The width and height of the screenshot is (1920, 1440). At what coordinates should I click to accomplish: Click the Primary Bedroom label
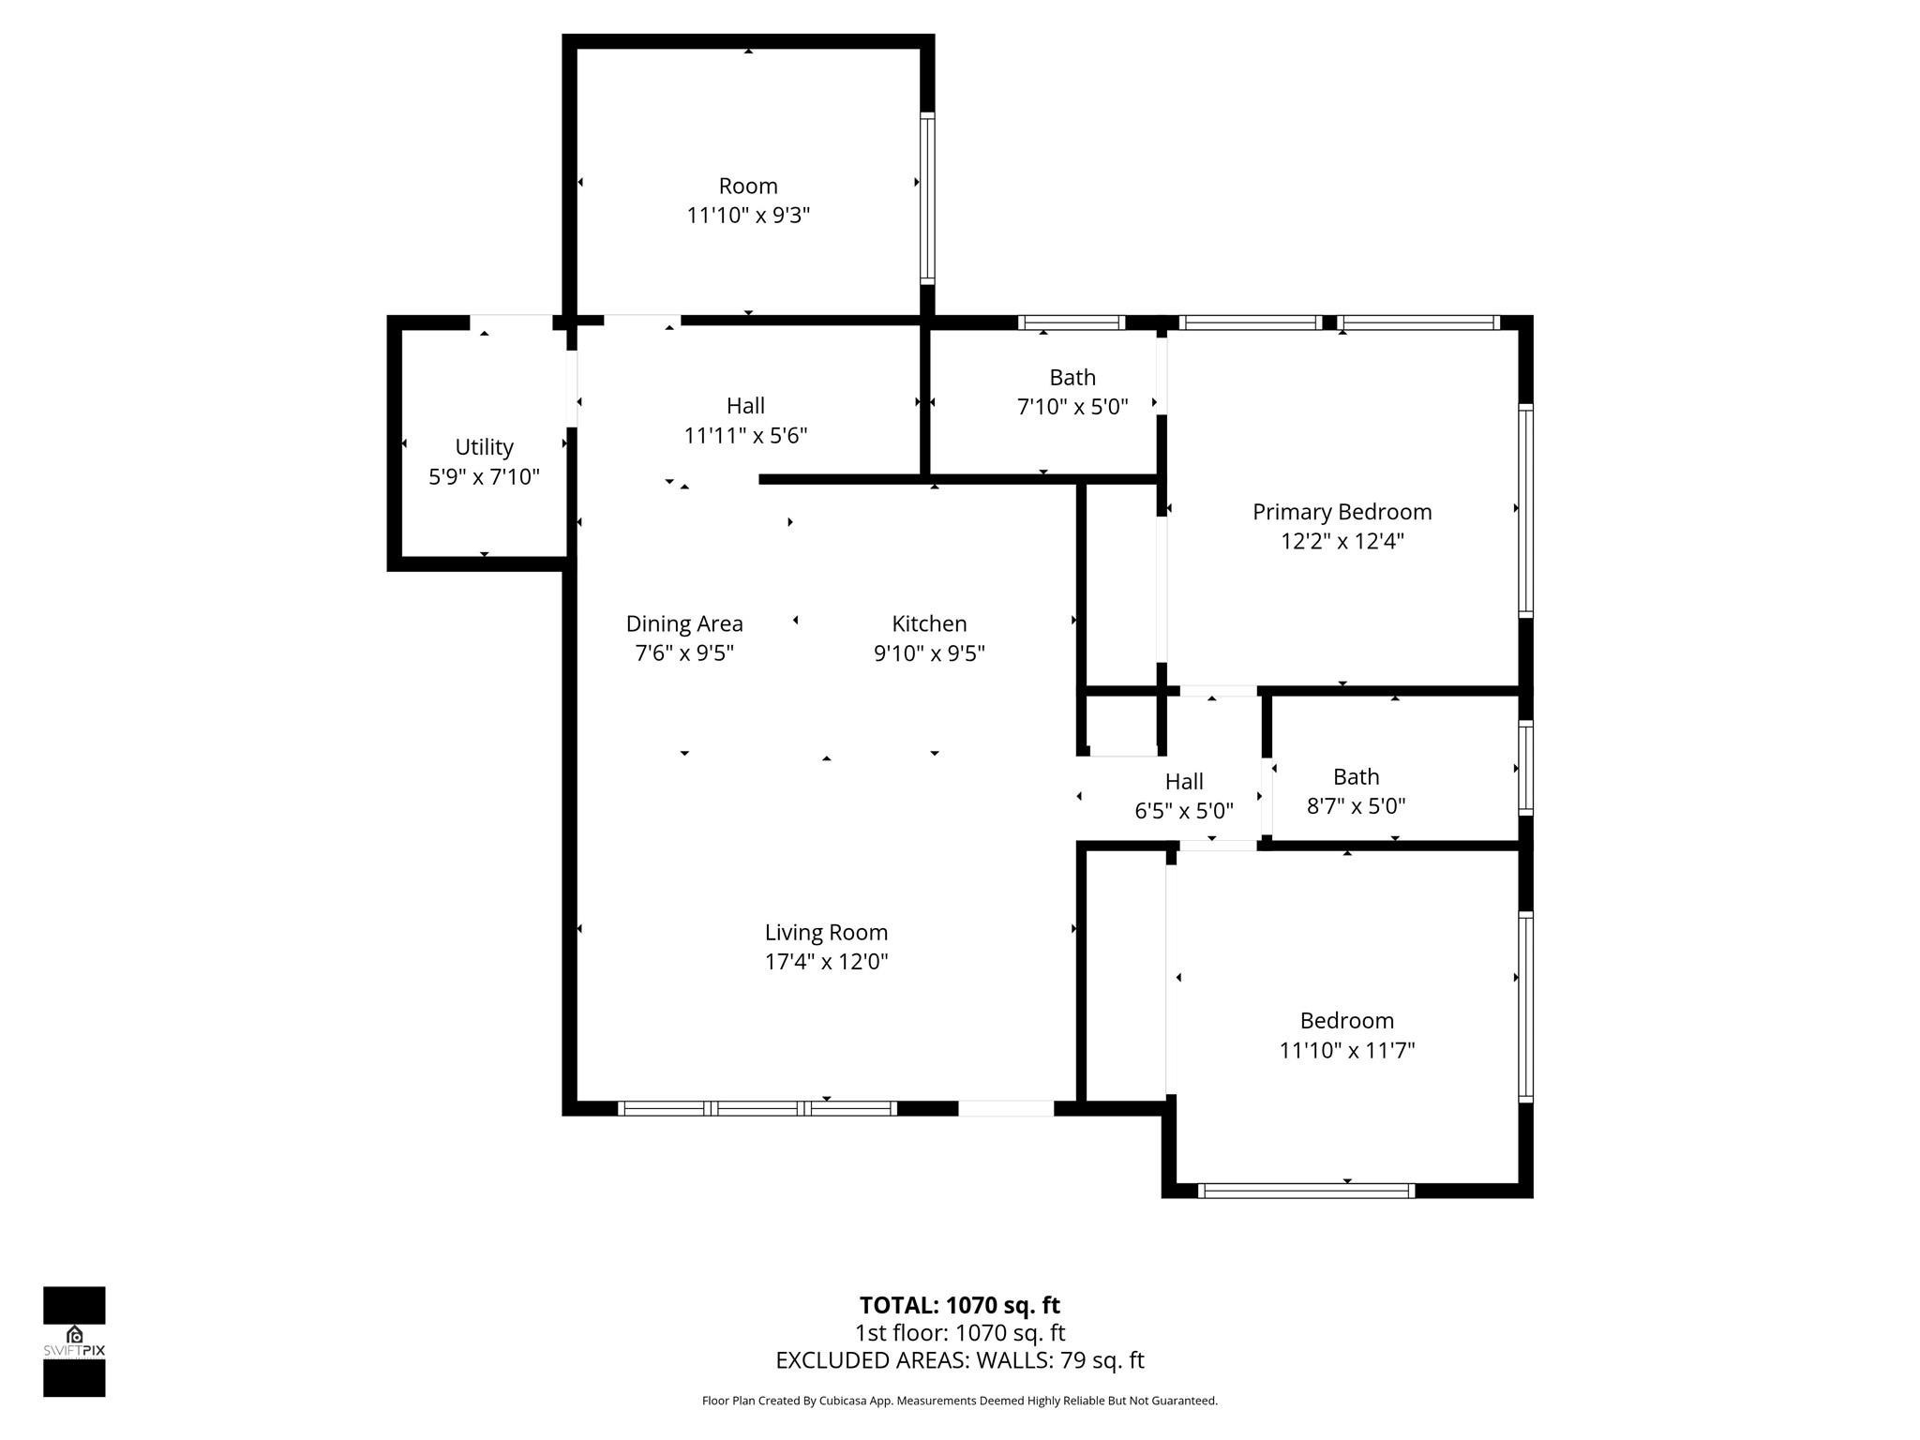coord(1342,512)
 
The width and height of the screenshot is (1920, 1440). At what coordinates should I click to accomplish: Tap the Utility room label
coord(484,447)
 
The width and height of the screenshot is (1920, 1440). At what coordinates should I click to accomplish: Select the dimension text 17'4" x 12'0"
coord(826,962)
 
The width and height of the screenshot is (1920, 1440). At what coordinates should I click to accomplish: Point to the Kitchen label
coord(928,623)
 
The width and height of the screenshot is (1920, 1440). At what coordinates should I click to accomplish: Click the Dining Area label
coord(684,623)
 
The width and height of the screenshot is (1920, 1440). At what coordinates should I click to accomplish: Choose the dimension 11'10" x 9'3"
coord(747,216)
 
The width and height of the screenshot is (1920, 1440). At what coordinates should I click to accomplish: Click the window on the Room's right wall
coord(927,198)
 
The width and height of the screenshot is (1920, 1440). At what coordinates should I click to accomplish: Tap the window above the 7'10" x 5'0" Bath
coord(1072,322)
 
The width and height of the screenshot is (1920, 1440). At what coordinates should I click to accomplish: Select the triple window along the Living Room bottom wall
coord(757,1108)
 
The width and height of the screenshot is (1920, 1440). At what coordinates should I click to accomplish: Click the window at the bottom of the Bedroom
coord(1306,1191)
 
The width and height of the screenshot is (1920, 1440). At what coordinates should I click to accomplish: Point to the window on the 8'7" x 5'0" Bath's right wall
coord(1525,768)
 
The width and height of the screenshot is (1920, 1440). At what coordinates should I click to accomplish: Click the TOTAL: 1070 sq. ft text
coord(959,1305)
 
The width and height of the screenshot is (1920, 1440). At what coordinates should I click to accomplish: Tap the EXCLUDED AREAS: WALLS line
coord(959,1360)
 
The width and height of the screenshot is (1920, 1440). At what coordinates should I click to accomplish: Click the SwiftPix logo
coord(74,1342)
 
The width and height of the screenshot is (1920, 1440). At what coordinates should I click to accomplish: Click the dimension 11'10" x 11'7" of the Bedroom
coord(1346,1050)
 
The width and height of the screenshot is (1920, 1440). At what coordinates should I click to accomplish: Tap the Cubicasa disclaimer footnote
coord(959,1401)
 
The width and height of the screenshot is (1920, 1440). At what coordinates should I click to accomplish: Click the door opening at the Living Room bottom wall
coord(1006,1108)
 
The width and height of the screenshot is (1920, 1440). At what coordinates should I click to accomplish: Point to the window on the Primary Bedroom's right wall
coord(1525,510)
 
